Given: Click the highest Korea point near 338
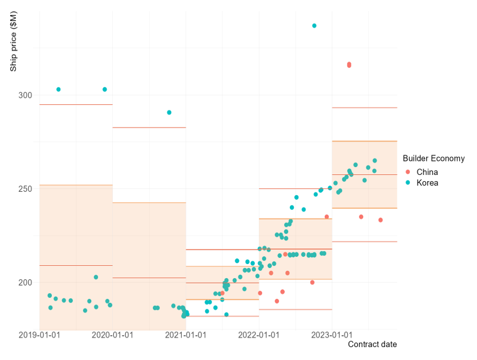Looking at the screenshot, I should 314,26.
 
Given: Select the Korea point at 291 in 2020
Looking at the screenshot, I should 169,112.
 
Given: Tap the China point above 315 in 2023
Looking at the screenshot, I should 349,65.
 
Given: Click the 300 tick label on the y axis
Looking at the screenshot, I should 24,95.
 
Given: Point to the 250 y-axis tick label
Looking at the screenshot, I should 24,188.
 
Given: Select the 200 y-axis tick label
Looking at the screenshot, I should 24,282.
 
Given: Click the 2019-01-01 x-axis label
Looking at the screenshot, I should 39,335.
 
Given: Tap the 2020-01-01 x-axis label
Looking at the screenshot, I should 113,335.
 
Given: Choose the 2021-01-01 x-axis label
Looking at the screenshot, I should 185,335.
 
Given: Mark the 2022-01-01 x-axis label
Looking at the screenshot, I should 259,335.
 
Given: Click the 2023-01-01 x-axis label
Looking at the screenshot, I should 332,335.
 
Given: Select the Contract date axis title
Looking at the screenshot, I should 372,344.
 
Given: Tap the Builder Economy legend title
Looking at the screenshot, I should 434,159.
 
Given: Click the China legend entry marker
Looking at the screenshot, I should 408,172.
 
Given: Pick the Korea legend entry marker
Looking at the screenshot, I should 408,183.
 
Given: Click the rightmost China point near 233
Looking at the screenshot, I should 381,220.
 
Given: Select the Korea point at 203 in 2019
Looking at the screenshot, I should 96,277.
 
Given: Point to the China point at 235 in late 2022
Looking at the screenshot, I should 326,217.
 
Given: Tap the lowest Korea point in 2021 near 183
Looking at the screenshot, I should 226,314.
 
